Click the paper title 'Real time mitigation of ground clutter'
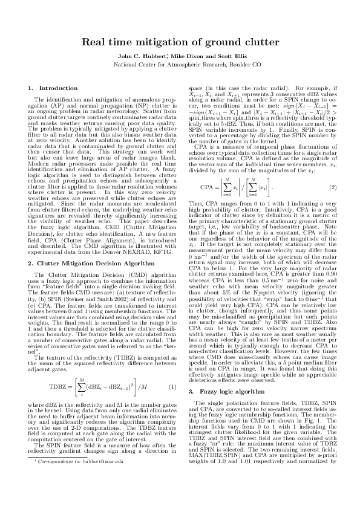point(180,43)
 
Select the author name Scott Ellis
point(214,55)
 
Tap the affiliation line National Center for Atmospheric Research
point(180,63)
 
